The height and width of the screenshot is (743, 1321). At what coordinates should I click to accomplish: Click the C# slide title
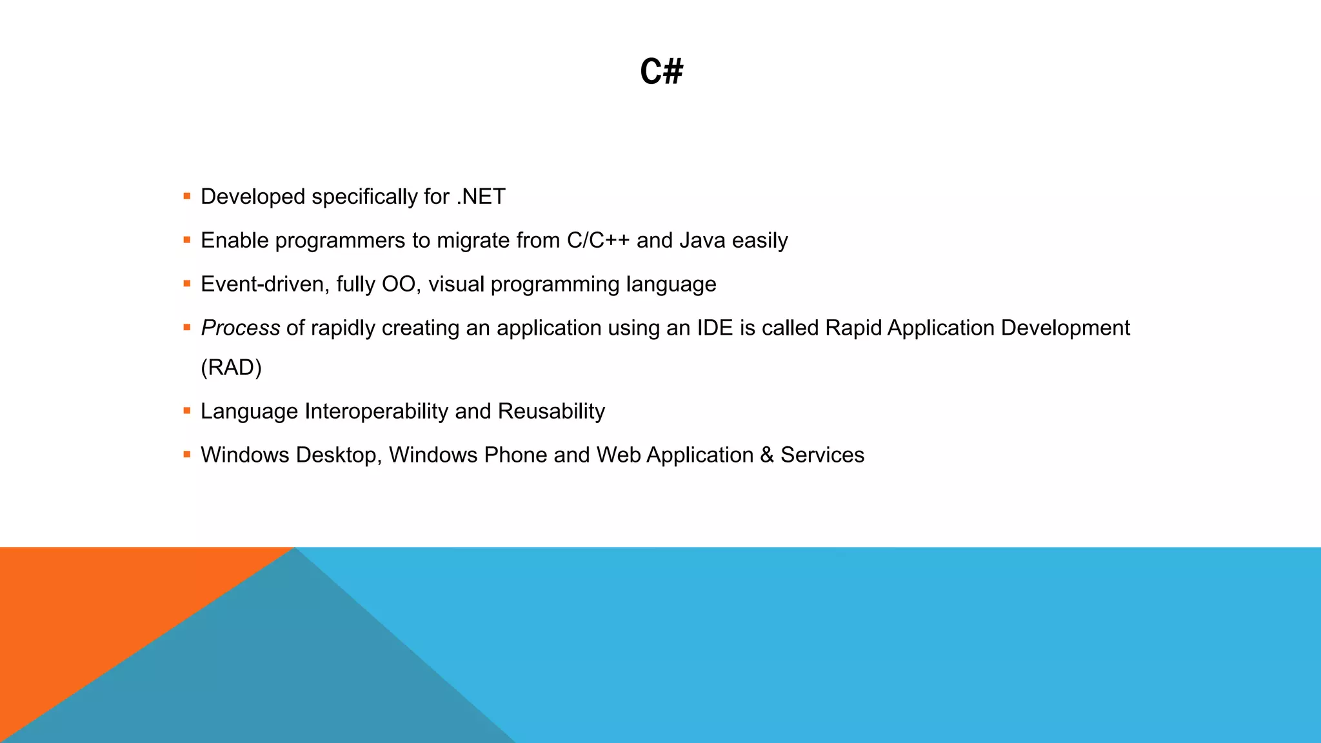tap(661, 71)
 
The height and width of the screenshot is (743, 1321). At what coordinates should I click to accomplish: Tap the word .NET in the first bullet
tap(481, 197)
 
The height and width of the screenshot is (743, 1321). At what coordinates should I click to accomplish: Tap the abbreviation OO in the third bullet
tap(399, 284)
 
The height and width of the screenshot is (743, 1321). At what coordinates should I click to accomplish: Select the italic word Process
tap(240, 328)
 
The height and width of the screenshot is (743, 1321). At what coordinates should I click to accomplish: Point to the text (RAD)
tap(231, 368)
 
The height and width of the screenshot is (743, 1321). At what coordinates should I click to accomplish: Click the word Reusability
tap(551, 411)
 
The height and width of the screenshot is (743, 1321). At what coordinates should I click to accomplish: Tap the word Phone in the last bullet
tap(515, 455)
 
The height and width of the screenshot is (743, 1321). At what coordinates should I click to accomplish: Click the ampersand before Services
tap(767, 455)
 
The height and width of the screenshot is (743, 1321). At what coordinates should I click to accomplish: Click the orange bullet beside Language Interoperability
tap(187, 411)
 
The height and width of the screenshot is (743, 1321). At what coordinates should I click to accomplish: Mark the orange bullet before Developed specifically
tap(187, 196)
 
